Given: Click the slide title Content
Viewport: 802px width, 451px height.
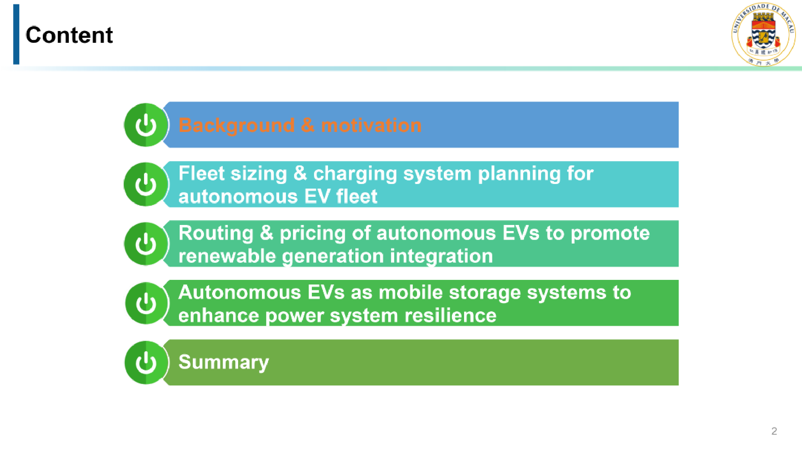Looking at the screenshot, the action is click(69, 35).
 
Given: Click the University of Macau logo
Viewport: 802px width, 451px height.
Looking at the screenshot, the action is click(764, 34).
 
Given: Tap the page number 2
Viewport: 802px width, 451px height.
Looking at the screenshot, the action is click(774, 431).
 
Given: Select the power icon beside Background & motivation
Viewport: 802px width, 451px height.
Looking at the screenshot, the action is click(146, 125).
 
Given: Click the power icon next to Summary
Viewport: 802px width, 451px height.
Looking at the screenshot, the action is click(146, 363).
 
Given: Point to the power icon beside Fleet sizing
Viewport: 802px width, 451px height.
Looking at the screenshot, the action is click(146, 184).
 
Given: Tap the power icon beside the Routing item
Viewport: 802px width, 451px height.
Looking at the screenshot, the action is click(146, 244).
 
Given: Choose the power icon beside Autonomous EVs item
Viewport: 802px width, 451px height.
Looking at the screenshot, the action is click(146, 303).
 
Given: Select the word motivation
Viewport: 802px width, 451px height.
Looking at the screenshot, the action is click(371, 125).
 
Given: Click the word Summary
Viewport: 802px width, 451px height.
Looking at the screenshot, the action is click(223, 363).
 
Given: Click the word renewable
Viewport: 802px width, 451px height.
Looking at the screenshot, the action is click(227, 256).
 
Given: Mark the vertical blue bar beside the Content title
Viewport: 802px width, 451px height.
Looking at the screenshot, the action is click(16, 34).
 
